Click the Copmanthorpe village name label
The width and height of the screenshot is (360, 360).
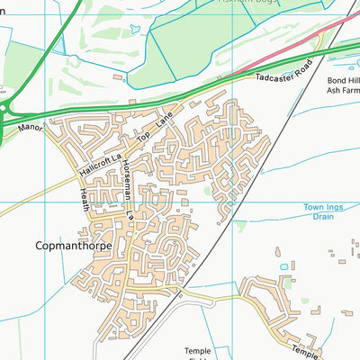pyautogui.click(x=73, y=244)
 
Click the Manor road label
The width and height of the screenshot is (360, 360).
pyautogui.click(x=30, y=130)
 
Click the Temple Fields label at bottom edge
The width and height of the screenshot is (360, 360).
pyautogui.click(x=198, y=354)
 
